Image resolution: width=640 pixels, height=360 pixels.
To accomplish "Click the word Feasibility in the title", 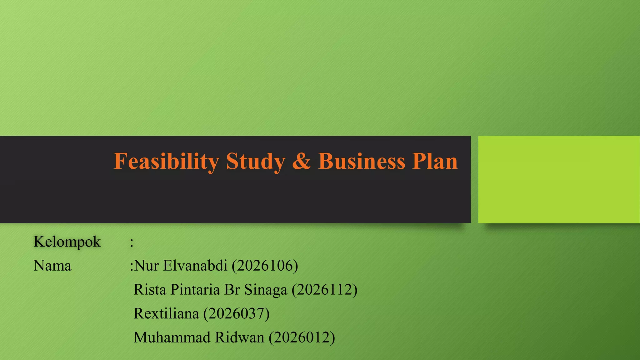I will coord(166,162).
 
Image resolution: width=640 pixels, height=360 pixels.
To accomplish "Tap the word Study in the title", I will coord(256,162).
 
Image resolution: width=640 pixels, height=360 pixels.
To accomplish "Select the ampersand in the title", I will coord(302,162).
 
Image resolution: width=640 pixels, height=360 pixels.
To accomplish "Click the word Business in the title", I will coord(362,162).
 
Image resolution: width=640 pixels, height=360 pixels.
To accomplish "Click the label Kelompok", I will coord(67,242).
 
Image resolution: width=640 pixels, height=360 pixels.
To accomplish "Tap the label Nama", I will coord(52,266).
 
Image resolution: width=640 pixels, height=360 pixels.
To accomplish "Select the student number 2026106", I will coord(265,266).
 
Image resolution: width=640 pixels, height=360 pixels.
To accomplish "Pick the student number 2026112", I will coord(325,290).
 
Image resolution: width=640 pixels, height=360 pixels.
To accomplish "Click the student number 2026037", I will coord(237,313).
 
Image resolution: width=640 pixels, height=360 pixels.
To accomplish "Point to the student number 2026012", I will coord(302,337).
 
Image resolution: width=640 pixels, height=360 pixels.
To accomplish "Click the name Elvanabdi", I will coord(195,266).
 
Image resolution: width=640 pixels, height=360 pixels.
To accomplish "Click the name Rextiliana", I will coord(166,313).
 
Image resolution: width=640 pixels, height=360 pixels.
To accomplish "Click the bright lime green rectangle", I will coord(559,179).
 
